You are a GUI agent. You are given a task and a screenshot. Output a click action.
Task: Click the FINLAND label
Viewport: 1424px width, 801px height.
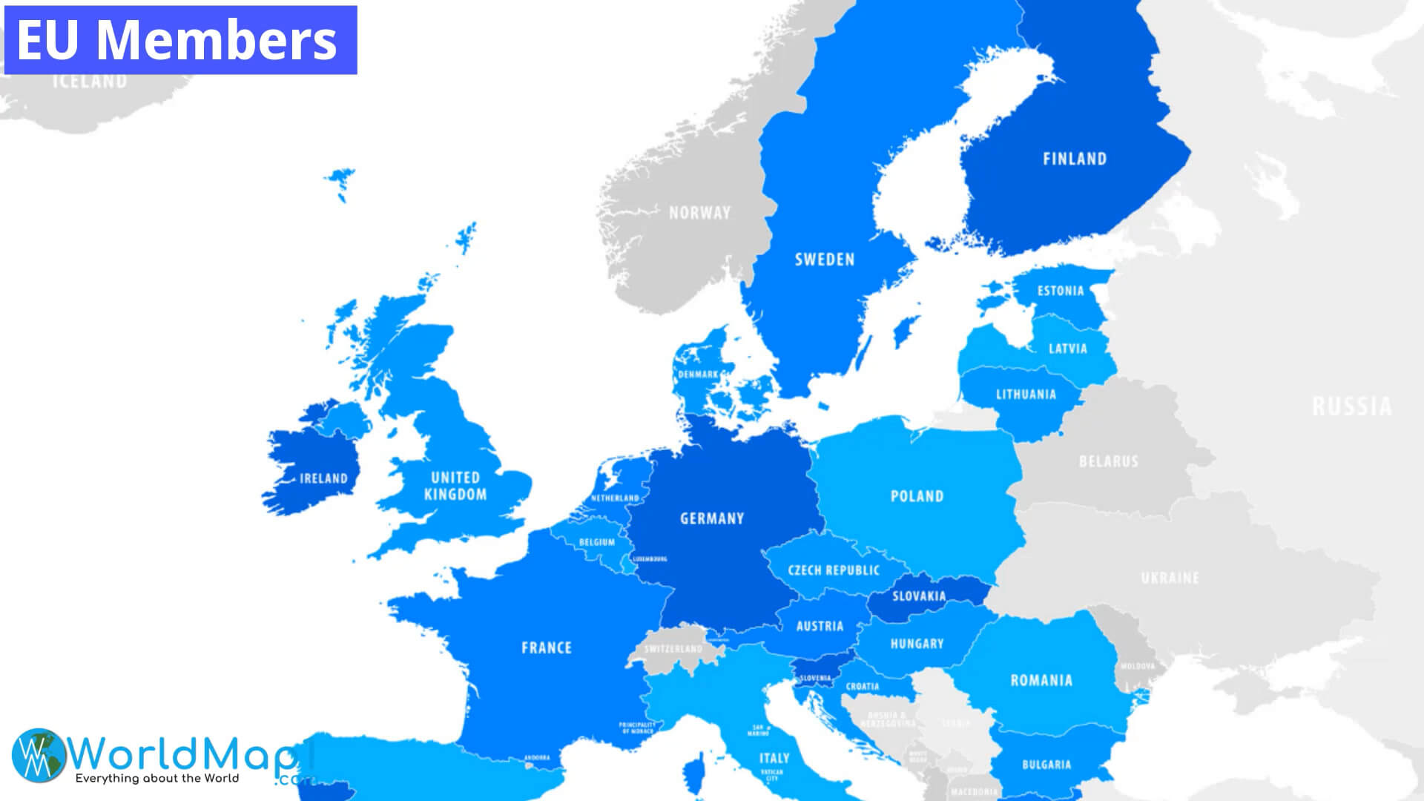tap(1074, 159)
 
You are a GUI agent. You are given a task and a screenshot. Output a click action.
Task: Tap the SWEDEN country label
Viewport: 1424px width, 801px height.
tap(825, 260)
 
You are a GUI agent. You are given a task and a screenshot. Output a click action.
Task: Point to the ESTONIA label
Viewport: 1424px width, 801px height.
tap(1061, 291)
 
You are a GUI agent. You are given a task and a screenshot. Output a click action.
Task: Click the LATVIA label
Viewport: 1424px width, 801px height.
tap(1067, 349)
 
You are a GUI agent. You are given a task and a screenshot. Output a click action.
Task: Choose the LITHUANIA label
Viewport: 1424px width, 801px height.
tap(1026, 395)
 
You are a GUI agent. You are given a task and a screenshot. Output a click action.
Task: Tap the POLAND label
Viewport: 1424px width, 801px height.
tap(917, 496)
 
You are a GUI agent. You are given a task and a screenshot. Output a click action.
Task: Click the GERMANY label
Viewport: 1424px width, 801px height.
tap(711, 518)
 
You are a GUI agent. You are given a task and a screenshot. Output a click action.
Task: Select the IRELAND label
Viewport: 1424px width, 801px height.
tap(323, 478)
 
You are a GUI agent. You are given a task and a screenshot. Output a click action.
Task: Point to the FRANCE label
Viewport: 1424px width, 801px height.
tap(547, 648)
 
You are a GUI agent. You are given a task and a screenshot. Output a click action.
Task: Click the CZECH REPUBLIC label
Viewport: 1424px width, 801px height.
tap(834, 570)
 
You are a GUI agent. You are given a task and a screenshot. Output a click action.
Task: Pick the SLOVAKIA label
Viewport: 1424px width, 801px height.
tap(919, 596)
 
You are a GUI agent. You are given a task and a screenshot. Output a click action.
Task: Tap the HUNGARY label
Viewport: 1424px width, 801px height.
tap(917, 644)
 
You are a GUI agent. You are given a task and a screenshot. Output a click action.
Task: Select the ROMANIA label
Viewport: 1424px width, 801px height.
tap(1041, 680)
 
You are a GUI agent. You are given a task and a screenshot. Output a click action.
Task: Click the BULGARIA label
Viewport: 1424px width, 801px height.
tap(1046, 765)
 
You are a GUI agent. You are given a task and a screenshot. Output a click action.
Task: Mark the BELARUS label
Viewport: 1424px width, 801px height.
tap(1108, 461)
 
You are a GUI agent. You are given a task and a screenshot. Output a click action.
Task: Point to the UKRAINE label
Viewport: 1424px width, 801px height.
tap(1170, 578)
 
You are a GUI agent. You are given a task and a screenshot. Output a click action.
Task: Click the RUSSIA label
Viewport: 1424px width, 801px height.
tap(1351, 406)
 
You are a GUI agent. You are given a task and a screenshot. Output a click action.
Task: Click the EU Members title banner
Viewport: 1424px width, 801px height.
tap(180, 40)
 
